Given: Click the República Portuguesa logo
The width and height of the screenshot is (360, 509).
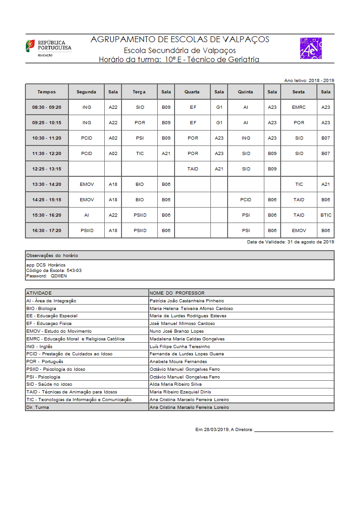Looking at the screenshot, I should click(48, 47).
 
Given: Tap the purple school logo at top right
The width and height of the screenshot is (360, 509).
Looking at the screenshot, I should click(311, 48).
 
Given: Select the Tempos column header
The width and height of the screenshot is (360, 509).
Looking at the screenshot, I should click(47, 92).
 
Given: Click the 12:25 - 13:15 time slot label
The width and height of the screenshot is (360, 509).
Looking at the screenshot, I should click(47, 169).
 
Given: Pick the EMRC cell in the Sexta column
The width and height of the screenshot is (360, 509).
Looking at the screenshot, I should click(299, 107).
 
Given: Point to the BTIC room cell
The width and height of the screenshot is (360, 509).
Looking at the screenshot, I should click(326, 215).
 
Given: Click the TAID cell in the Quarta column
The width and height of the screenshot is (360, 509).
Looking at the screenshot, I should click(193, 169).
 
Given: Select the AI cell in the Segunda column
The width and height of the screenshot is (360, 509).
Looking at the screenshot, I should click(87, 215).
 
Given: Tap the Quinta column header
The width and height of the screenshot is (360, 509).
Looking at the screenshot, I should click(246, 92).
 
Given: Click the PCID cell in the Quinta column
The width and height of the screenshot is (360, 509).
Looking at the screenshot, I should click(246, 200).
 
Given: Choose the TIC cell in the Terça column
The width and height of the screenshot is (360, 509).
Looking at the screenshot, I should click(140, 154).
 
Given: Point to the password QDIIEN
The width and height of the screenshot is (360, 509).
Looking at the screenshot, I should click(58, 276).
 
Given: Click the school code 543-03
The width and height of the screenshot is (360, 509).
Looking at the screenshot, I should click(74, 271).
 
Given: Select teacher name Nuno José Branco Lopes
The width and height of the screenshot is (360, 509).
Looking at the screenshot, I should click(176, 331).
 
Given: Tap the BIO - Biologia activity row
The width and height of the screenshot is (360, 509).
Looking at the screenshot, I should click(41, 309).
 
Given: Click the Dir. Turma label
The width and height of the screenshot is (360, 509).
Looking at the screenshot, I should click(38, 407).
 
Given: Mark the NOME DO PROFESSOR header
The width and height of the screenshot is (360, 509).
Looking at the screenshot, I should click(177, 293).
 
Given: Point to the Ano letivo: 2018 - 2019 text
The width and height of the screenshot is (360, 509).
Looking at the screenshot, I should click(309, 80).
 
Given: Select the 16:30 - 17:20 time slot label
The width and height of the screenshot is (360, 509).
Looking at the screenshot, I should click(47, 231).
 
